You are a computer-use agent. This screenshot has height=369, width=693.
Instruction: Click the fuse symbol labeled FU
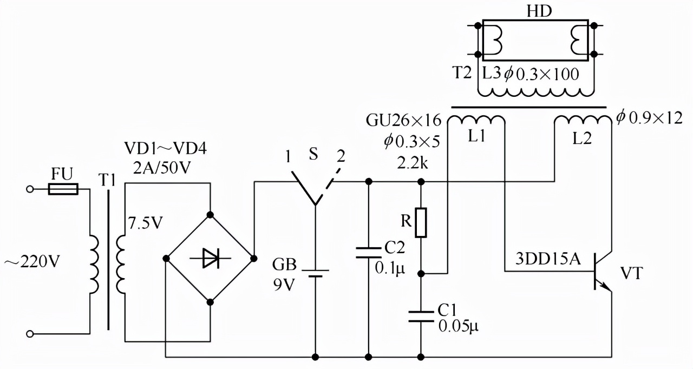[63, 189]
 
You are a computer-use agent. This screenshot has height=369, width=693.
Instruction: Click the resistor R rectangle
[421, 222]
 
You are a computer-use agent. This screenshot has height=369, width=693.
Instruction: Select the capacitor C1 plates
[421, 315]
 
